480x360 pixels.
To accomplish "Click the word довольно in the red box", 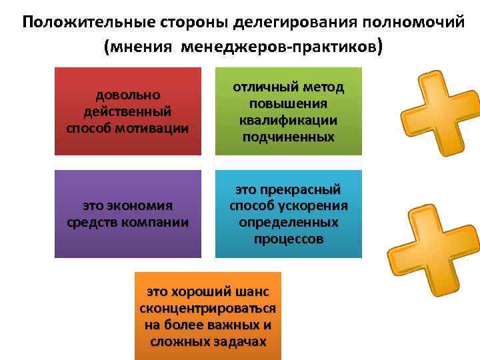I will [x=127, y=95].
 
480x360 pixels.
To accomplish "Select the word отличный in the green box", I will [x=263, y=88].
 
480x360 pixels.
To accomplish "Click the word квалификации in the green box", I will [x=288, y=120].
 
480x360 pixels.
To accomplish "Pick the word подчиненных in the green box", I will [x=288, y=136].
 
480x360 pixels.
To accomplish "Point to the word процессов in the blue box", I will [x=288, y=238].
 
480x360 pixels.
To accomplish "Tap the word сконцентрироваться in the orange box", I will [x=208, y=309].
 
